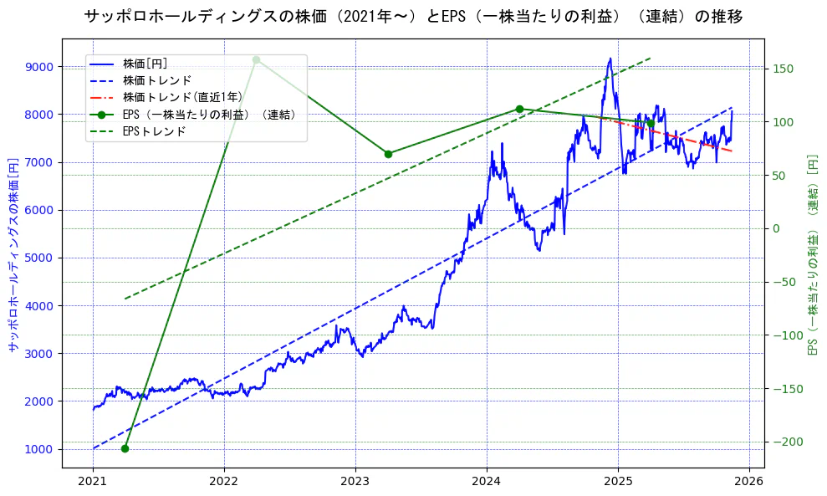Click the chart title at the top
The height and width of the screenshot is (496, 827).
click(413, 16)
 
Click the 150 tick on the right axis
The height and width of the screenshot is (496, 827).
click(782, 69)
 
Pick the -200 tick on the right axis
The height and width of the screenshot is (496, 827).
click(784, 442)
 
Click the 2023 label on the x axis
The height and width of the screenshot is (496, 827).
click(355, 483)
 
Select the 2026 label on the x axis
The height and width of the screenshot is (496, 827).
click(749, 483)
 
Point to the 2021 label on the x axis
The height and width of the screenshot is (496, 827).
click(93, 483)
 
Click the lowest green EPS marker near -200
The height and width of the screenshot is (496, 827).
click(125, 448)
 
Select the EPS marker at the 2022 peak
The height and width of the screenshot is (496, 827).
click(256, 59)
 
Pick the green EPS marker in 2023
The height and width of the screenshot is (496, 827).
click(388, 154)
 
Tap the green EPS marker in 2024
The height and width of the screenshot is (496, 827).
click(519, 109)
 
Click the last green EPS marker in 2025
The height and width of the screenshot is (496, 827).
click(651, 124)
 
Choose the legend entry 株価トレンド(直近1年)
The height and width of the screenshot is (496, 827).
click(182, 97)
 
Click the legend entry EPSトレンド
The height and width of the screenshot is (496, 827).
click(154, 131)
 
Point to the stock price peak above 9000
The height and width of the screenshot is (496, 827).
click(610, 59)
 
